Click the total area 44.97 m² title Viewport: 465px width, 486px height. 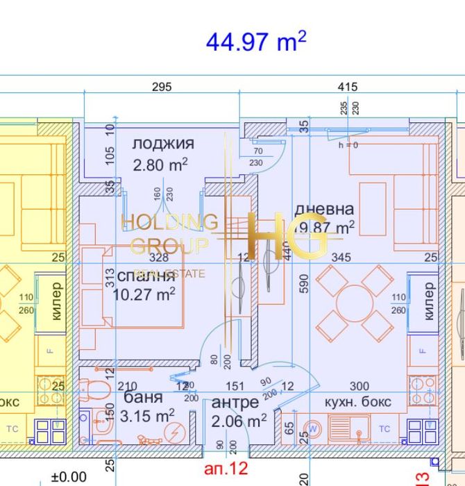(255, 42)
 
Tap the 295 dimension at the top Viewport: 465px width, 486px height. (162, 87)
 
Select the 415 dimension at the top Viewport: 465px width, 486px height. (347, 87)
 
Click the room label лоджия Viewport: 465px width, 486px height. (163, 144)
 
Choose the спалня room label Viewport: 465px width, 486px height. (146, 275)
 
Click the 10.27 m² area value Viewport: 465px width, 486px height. (144, 294)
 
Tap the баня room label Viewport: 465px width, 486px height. (144, 398)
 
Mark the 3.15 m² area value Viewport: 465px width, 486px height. (147, 417)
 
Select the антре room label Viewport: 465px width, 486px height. (235, 402)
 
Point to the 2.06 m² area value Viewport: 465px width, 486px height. (239, 421)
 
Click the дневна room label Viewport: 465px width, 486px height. (324, 209)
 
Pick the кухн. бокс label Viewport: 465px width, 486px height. (358, 402)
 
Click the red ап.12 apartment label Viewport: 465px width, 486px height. (226, 469)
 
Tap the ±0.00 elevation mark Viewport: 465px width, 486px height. (69, 477)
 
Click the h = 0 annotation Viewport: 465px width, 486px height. (348, 145)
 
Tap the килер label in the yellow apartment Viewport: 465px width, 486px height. (56, 301)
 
